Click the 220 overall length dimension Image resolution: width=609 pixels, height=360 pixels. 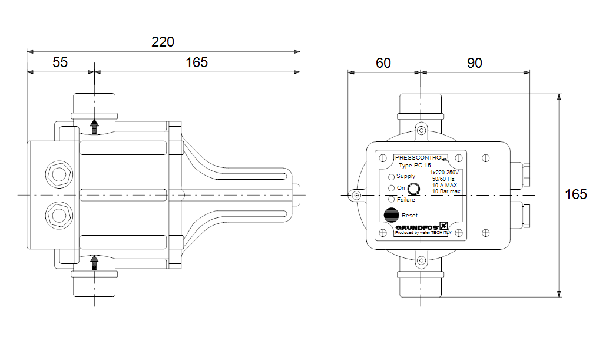[x=163, y=42]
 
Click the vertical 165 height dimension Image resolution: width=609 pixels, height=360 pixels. [x=576, y=194]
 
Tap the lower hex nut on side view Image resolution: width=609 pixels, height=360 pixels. [x=59, y=214]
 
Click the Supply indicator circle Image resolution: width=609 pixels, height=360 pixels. [x=392, y=177]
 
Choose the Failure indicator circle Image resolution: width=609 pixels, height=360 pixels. [x=392, y=200]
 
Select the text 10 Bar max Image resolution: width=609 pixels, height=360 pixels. [x=446, y=191]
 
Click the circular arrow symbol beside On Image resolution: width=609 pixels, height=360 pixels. [x=415, y=189]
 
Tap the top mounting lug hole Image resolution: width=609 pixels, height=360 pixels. [x=421, y=130]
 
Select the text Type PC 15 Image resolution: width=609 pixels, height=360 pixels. [x=415, y=166]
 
